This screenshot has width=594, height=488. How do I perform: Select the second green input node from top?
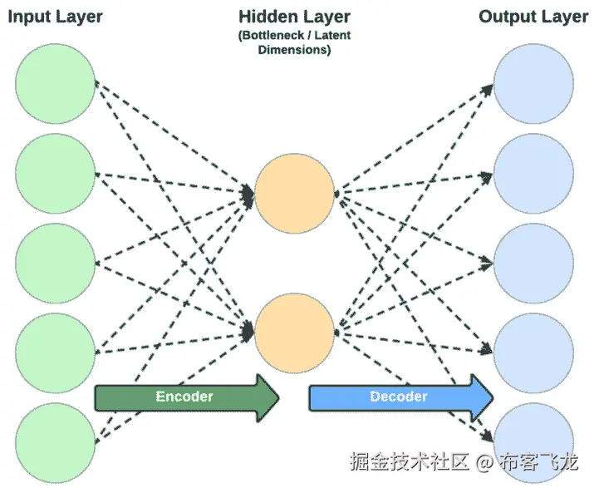tap(56, 173)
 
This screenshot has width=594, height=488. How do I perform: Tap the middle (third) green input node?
tap(56, 264)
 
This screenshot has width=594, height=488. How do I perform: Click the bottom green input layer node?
tap(56, 441)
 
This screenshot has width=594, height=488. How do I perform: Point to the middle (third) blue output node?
tap(533, 264)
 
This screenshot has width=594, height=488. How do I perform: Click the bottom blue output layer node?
tap(533, 439)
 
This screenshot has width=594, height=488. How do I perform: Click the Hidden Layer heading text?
tap(294, 17)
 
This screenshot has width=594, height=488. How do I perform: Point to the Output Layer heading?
tap(533, 17)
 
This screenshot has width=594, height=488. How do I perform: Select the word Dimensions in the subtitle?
tap(294, 49)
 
